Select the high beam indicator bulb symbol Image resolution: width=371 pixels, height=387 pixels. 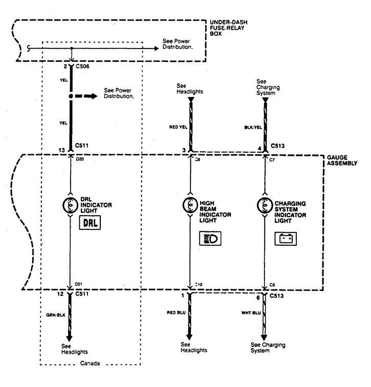point(190,204)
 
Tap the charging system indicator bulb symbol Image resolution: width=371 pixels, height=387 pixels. point(265,204)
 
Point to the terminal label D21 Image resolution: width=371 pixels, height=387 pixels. point(79,283)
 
